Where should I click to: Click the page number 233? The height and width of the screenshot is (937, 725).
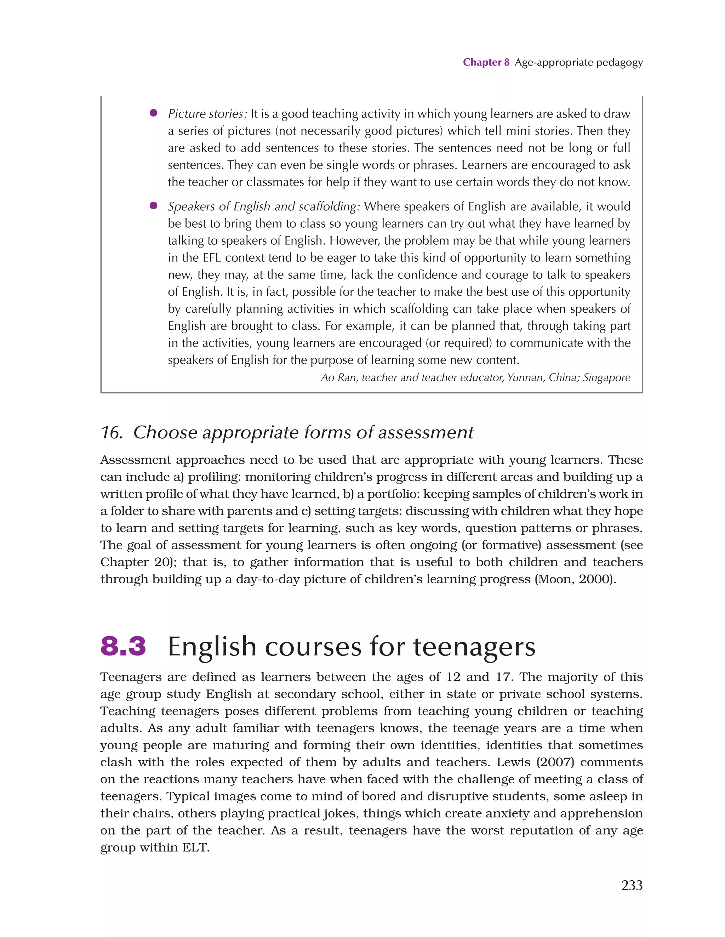pos(632,885)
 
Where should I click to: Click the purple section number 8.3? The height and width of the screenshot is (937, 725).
pos(123,646)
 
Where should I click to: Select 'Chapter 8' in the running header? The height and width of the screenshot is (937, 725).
pos(486,62)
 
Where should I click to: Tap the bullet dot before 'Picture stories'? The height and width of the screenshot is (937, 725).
pos(153,113)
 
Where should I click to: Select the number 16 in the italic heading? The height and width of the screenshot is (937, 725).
pos(111,432)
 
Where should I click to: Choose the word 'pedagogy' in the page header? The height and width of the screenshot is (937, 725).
pos(621,63)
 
